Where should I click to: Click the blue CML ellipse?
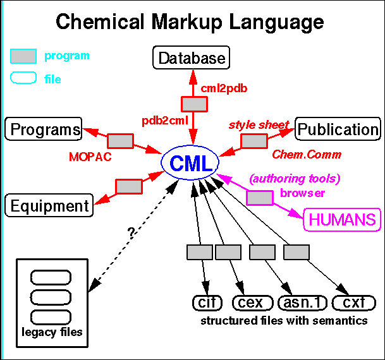[190, 163]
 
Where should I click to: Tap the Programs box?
[44, 129]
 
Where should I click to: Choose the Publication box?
[338, 129]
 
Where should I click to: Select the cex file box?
[252, 303]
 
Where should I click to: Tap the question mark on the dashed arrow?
[131, 232]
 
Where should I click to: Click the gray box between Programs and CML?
[119, 141]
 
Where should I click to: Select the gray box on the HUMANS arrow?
[259, 198]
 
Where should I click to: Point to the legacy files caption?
[52, 331]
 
